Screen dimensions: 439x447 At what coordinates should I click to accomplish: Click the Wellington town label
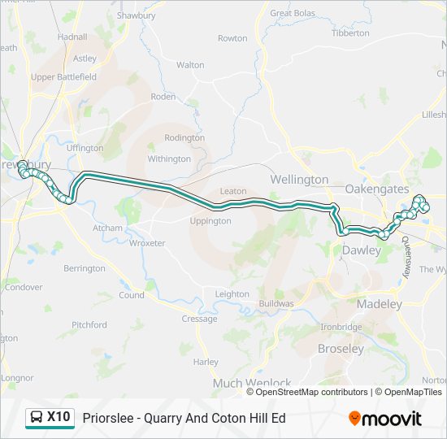coord(299,179)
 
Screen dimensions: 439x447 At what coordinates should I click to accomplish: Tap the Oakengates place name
coord(377,189)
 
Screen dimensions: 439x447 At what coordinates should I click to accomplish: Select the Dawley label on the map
coord(361,250)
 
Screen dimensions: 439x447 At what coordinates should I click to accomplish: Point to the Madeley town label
coord(380,304)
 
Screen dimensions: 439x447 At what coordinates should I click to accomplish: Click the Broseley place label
coord(341,349)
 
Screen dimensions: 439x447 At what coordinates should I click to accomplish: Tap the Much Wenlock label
coord(251,383)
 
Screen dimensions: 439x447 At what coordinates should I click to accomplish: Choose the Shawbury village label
coord(136,15)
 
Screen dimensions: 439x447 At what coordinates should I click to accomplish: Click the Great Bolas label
coord(293,13)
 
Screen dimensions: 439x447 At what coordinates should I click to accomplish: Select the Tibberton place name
coord(351,33)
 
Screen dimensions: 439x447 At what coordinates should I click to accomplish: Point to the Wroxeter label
coord(147,243)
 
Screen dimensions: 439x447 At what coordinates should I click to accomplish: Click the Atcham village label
coord(107,228)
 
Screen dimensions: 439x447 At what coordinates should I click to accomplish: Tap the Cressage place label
coord(199,319)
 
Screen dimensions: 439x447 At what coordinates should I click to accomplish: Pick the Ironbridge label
coord(341,327)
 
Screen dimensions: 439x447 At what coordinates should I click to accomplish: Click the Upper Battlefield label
coord(63,77)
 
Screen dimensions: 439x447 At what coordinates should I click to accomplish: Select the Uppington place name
coord(210,221)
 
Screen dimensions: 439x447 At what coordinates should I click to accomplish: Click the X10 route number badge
coord(59,417)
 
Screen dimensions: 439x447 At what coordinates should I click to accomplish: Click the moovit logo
coord(385,419)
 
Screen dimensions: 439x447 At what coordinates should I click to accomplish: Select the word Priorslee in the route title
coord(107,418)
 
